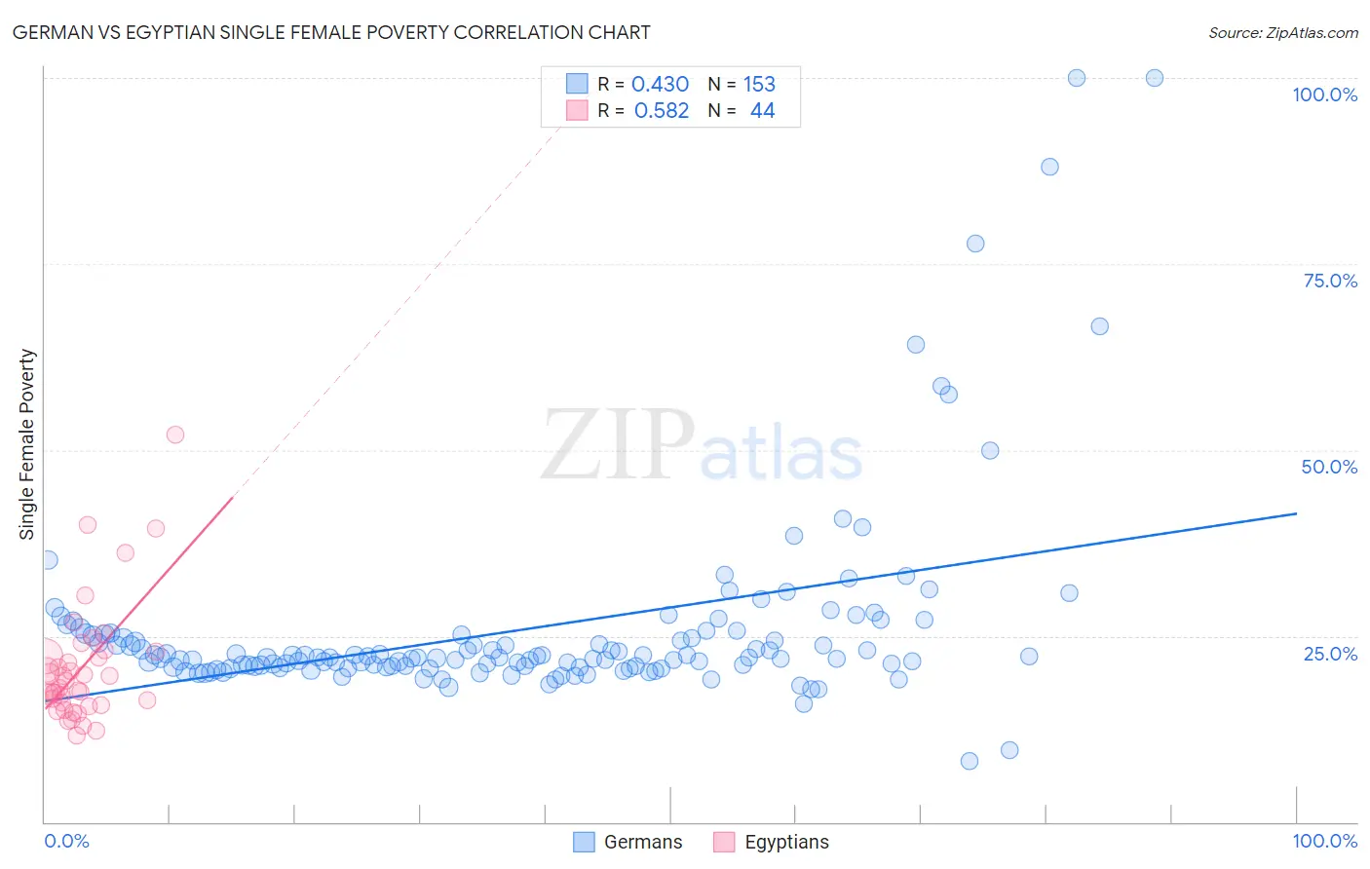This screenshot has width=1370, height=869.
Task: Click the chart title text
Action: pos(331,32)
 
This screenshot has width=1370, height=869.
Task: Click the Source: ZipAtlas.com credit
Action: pos(1282,32)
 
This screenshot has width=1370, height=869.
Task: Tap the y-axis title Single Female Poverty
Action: pos(27,444)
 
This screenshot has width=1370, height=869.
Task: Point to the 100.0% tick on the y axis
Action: pos(1324,94)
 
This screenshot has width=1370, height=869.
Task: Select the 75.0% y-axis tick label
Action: pos(1330,281)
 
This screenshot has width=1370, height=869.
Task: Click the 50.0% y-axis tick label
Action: pos(1329,467)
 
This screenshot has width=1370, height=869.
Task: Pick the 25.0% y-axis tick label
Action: pos(1330,654)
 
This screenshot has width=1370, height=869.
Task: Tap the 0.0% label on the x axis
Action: pos(66,841)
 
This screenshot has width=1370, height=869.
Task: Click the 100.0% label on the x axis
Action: pos(1324,841)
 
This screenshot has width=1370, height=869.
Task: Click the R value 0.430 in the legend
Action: pos(660,85)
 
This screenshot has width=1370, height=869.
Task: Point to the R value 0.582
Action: pos(661,111)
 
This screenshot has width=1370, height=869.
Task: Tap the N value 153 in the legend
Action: pos(759,85)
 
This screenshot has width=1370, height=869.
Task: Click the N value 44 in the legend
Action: pos(762,111)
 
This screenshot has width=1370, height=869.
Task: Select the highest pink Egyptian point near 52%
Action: pos(175,434)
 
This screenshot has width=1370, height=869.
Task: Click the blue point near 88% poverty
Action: pos(1049,167)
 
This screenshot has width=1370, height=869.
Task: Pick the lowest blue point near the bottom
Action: pos(970,761)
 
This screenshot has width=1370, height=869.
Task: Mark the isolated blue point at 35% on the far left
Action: pos(49,560)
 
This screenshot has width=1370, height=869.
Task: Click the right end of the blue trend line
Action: pos(1296,513)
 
